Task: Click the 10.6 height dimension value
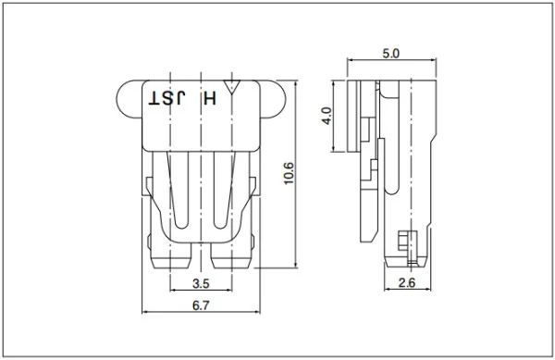coord(288,172)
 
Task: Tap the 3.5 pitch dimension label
coord(199,282)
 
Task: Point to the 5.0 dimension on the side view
coord(389,55)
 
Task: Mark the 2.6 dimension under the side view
coord(404,282)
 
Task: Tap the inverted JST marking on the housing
coord(166,96)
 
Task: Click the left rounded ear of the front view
coord(130,98)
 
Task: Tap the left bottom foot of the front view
coord(169,256)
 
